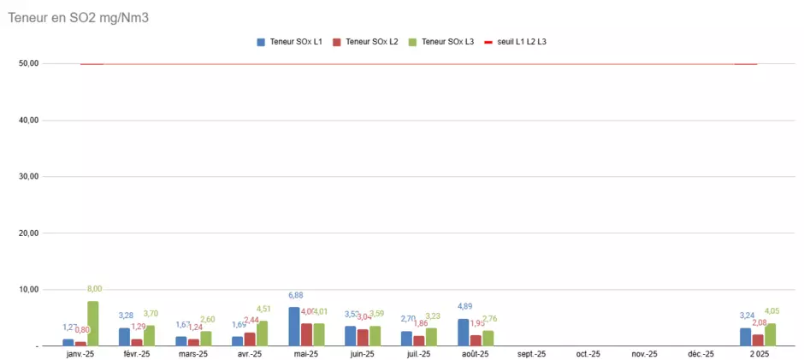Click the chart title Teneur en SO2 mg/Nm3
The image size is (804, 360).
[x=79, y=17]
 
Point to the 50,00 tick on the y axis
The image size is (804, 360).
[x=27, y=63]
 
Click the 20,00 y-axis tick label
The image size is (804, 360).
[x=27, y=233]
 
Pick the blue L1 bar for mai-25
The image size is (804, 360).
[x=294, y=327]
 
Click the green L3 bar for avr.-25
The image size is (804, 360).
[x=262, y=333]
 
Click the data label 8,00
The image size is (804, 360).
[x=94, y=289]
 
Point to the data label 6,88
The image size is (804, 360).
[x=295, y=296]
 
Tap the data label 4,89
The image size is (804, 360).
[x=464, y=307]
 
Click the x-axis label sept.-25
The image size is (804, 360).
[x=531, y=354]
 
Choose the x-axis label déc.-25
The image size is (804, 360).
[x=701, y=354]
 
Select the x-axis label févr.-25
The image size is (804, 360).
[x=136, y=354]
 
